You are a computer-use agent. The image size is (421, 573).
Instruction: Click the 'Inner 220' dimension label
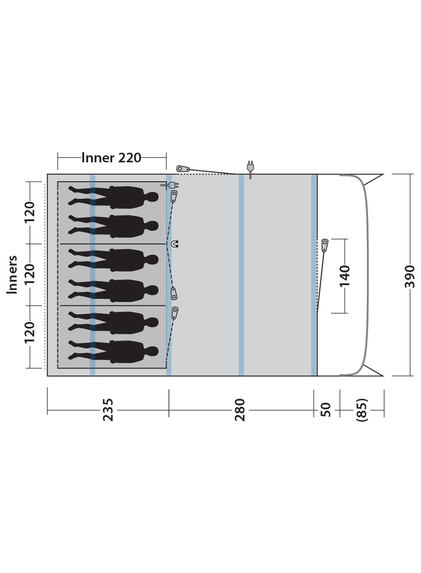[x=111, y=158]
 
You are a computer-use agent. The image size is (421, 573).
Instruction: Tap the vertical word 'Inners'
[x=12, y=274]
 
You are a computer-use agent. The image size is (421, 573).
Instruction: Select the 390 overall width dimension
[x=410, y=276]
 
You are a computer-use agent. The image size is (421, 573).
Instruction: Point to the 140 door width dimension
[x=345, y=276]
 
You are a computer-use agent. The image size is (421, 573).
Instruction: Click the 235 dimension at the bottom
[x=108, y=410]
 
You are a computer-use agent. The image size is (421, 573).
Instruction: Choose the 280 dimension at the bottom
[x=240, y=410]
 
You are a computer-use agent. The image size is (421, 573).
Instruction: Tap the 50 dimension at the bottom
[x=326, y=410]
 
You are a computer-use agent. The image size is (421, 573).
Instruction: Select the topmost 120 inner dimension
[x=29, y=213]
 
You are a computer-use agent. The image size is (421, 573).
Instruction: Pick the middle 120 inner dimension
[x=29, y=274]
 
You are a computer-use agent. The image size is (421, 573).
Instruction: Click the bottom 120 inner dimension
[x=29, y=332]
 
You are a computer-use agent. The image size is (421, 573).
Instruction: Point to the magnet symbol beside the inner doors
[x=175, y=244]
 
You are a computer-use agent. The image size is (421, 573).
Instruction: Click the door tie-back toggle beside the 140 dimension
[x=325, y=245]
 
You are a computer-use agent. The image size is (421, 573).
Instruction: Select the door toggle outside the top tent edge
[x=183, y=169]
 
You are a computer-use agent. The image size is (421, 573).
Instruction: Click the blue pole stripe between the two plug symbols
[x=241, y=275]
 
